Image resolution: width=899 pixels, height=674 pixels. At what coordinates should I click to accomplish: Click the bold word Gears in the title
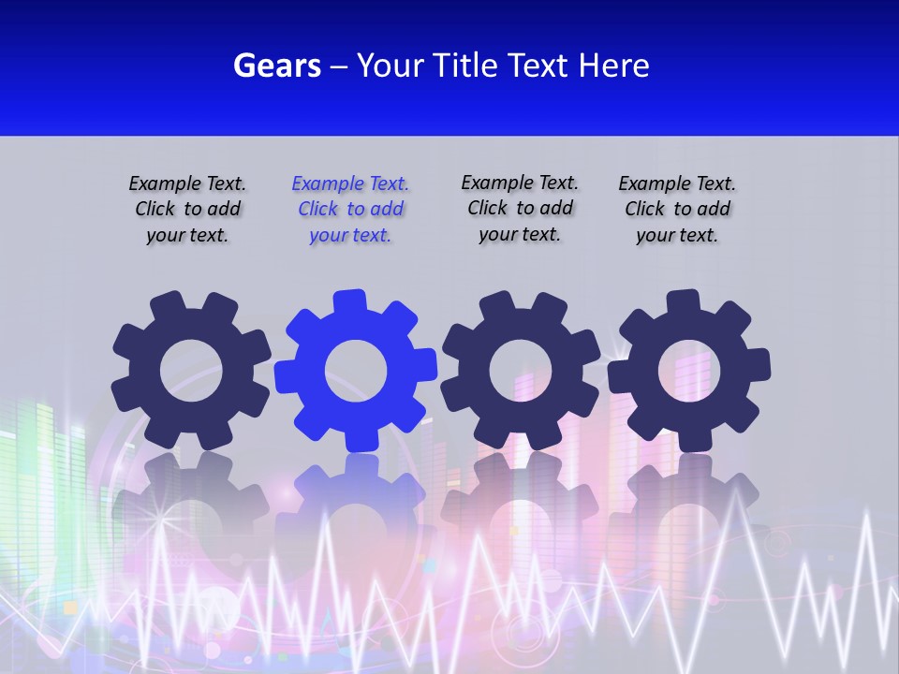pyautogui.click(x=276, y=66)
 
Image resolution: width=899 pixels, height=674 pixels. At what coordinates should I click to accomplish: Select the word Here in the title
pyautogui.click(x=613, y=66)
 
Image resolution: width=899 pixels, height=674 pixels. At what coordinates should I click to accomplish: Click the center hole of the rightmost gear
pyautogui.click(x=689, y=371)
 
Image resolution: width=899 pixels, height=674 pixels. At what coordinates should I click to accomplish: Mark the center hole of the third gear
pyautogui.click(x=520, y=371)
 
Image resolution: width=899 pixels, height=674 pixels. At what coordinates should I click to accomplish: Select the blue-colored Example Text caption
pyautogui.click(x=350, y=210)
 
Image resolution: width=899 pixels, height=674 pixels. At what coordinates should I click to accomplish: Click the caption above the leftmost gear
pyautogui.click(x=187, y=210)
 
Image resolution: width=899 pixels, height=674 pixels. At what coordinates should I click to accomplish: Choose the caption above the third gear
pyautogui.click(x=520, y=209)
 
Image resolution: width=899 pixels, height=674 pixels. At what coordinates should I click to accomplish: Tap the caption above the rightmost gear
pyautogui.click(x=677, y=210)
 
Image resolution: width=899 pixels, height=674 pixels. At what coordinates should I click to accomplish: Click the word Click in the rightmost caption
pyautogui.click(x=646, y=210)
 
